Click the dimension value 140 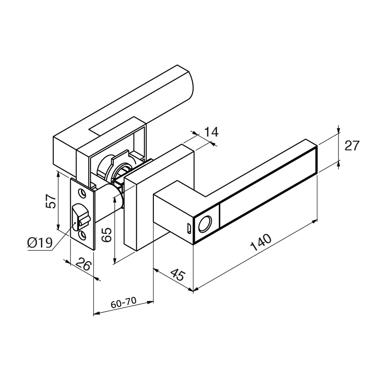261,242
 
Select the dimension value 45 178,274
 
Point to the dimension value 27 352,146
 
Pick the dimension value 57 51,201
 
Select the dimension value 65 107,234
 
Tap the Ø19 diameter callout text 40,243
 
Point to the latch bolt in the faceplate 79,216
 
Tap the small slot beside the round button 189,228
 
